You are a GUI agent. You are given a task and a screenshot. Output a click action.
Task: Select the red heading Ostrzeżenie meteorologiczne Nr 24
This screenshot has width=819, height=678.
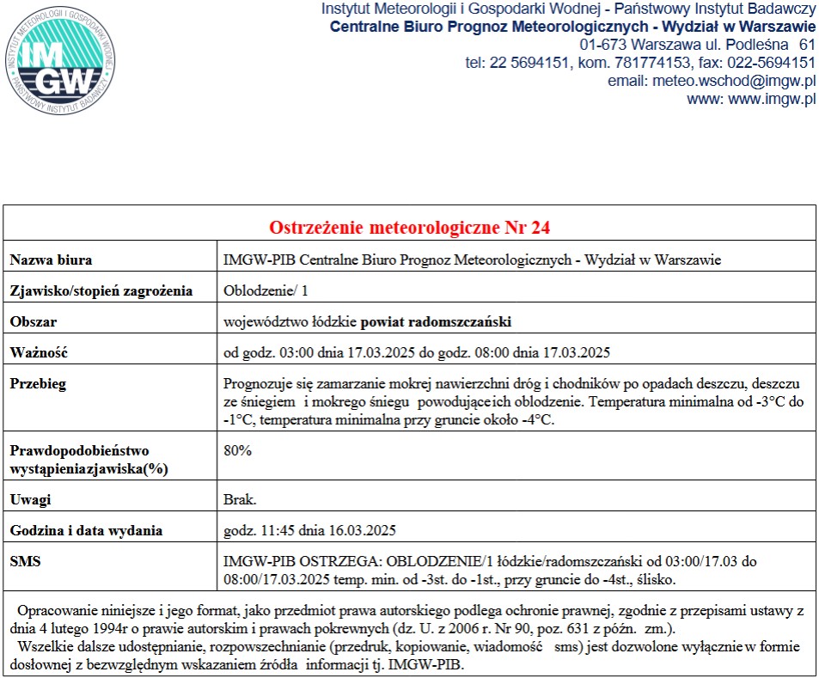click(409, 228)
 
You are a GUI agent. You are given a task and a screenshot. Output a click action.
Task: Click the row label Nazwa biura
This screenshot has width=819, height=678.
click(51, 260)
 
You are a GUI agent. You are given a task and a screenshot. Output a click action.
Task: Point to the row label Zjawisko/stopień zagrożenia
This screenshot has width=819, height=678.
click(101, 290)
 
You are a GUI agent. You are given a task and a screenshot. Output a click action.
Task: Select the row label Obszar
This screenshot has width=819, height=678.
click(33, 322)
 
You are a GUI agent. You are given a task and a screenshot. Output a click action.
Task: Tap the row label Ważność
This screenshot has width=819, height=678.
click(38, 352)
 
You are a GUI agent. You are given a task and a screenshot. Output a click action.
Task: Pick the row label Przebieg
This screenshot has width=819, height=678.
click(38, 383)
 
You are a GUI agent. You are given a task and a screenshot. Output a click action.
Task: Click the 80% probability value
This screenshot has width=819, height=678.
click(237, 450)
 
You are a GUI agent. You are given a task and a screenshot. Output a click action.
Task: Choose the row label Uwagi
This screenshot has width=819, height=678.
click(30, 499)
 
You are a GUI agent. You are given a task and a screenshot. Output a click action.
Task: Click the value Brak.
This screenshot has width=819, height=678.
click(240, 499)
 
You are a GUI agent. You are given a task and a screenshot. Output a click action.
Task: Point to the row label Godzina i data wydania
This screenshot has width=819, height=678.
click(86, 530)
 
